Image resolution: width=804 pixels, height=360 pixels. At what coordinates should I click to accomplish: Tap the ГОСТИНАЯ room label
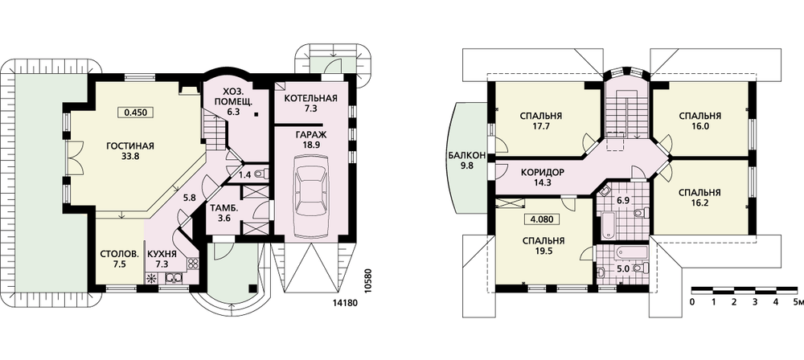[130, 146]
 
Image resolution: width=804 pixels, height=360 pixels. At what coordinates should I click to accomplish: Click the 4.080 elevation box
[541, 219]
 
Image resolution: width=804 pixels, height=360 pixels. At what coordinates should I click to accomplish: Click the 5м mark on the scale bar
[798, 301]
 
